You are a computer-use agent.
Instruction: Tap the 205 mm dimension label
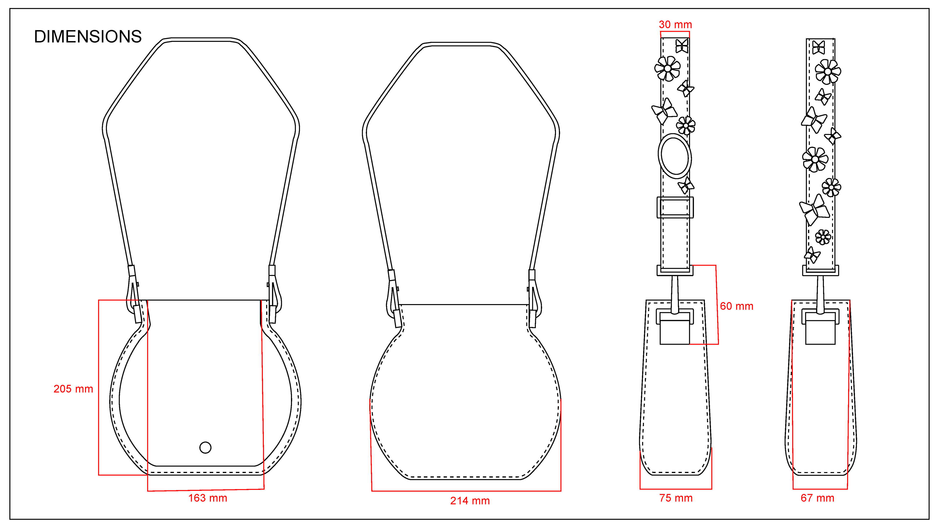[x=73, y=389]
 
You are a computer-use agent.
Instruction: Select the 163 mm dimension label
[x=208, y=498]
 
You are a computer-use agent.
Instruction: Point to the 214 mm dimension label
[x=470, y=501]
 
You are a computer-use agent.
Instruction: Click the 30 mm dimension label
[x=675, y=24]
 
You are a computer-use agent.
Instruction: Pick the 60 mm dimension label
[x=737, y=306]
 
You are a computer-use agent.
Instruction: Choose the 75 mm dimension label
[x=676, y=498]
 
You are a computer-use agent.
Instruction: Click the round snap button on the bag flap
[x=205, y=448]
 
